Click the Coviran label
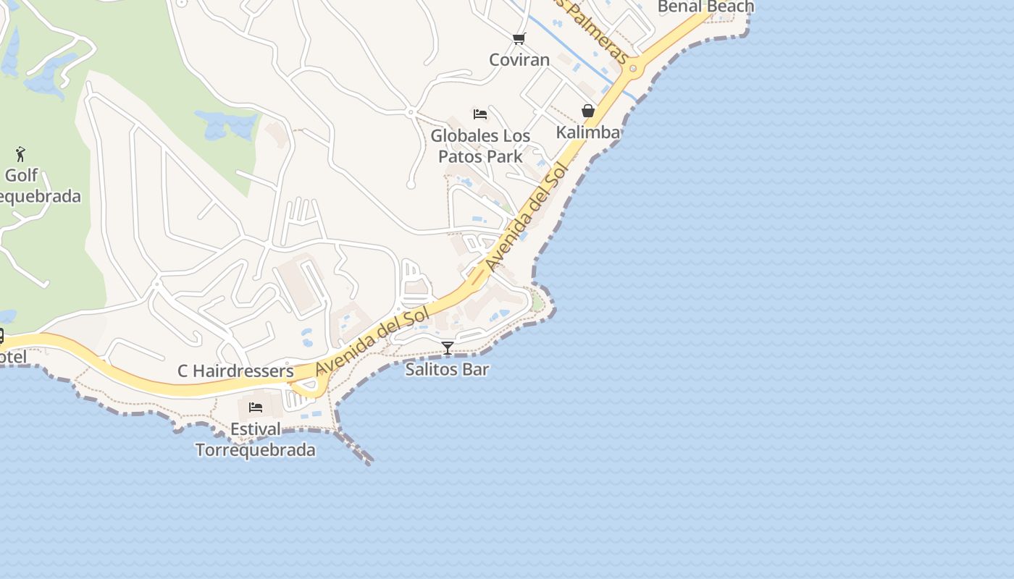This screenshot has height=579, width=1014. [519, 60]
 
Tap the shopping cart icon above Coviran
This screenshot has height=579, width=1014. [519, 38]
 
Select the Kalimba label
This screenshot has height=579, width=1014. [588, 132]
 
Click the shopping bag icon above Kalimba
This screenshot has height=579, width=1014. [588, 111]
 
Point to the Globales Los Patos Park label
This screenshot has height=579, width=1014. [480, 145]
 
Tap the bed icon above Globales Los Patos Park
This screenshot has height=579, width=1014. [480, 114]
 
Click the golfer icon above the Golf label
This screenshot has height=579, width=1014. [20, 154]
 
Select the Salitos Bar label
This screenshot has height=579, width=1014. [447, 369]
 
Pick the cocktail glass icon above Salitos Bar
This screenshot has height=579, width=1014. [448, 348]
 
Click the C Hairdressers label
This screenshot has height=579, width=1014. [235, 371]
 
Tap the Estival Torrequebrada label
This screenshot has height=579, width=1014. [256, 439]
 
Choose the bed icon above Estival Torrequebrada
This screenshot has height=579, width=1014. [256, 407]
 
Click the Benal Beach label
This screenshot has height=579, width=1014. [705, 7]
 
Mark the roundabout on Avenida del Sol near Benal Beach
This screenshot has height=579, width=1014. [633, 69]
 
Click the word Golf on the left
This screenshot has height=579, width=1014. [21, 175]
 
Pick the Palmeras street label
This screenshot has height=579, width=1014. [598, 33]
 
